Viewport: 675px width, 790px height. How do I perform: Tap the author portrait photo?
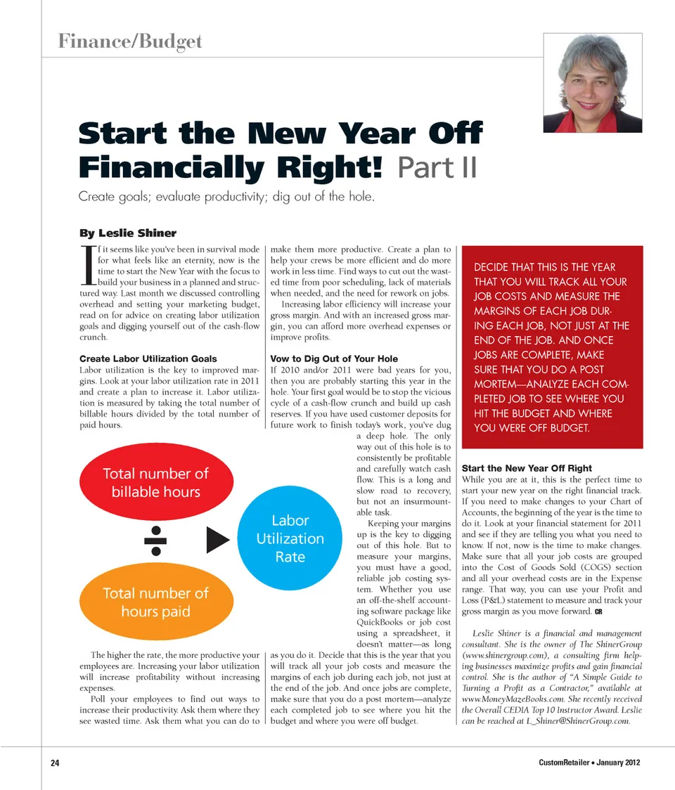point(592,82)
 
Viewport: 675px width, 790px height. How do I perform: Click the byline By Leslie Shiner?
point(128,233)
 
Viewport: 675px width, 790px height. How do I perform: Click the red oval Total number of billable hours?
point(155,482)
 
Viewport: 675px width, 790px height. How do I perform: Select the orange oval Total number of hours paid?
point(155,602)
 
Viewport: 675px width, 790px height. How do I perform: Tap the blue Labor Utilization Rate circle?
point(290,539)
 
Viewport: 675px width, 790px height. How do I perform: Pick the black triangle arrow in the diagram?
point(218,540)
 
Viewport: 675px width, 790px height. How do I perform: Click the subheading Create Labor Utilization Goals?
point(148,358)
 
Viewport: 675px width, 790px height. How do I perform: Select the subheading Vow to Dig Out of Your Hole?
point(334,358)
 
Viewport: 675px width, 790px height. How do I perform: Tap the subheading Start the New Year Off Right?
point(527,468)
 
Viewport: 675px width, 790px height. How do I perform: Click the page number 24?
point(55,763)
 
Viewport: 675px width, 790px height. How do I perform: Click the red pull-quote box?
point(552,347)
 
